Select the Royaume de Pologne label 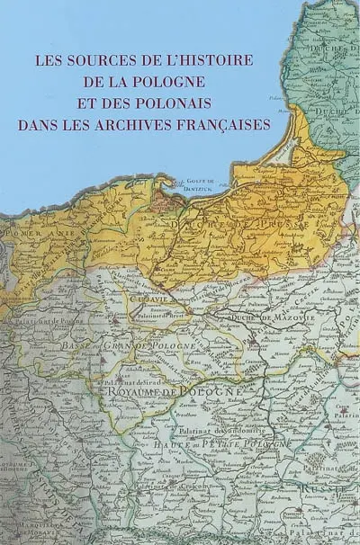174,393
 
